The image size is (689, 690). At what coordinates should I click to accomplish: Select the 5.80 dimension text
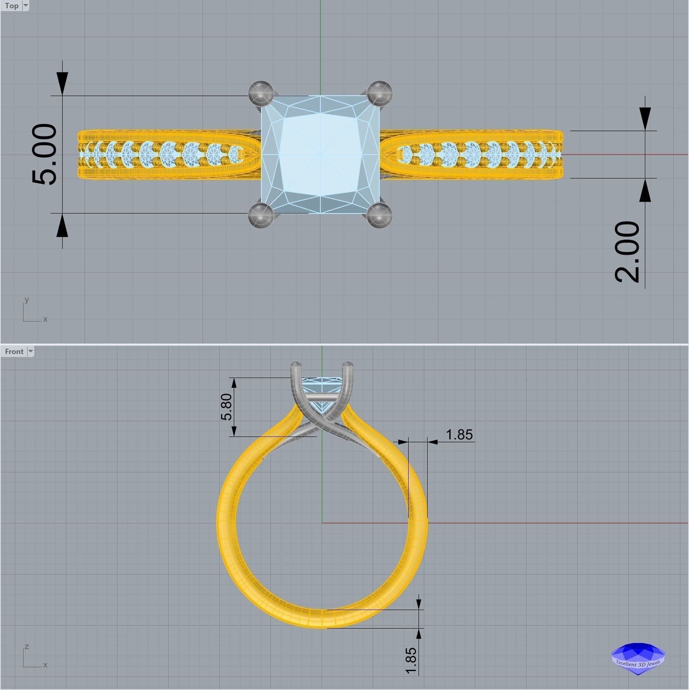226,406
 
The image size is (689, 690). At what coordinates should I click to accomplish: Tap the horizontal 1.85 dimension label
459,434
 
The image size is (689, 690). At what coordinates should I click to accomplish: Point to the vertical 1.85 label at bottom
411,661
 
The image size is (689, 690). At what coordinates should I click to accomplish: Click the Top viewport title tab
12,6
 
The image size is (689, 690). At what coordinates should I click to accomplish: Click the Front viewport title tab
14,352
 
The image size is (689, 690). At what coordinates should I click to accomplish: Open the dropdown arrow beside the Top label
26,6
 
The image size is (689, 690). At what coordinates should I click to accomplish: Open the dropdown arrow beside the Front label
30,352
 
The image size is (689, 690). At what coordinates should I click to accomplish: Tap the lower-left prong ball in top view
261,215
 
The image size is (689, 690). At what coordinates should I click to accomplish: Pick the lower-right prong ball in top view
379,215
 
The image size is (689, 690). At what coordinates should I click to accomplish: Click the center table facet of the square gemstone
320,155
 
